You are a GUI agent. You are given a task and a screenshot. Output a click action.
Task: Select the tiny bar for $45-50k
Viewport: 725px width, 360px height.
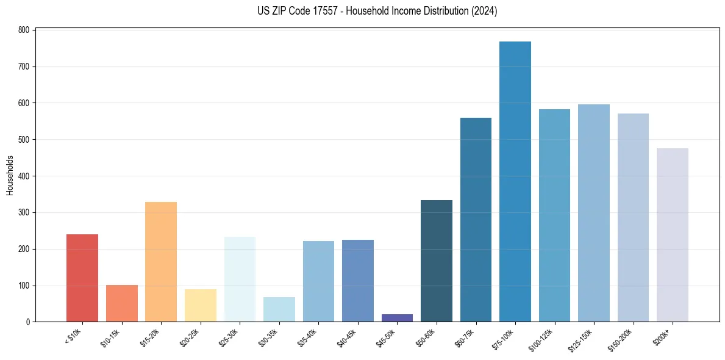pyautogui.click(x=397, y=318)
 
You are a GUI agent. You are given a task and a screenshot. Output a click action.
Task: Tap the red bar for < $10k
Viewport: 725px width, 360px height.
pyautogui.click(x=82, y=278)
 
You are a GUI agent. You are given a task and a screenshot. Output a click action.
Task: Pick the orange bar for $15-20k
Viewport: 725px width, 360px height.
pyautogui.click(x=161, y=262)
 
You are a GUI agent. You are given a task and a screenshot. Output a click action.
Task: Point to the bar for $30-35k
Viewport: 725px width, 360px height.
pyautogui.click(x=279, y=309)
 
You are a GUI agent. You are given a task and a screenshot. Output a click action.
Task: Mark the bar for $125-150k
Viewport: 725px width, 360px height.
pyautogui.click(x=594, y=213)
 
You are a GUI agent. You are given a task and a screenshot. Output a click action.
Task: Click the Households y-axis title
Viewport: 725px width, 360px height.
pyautogui.click(x=10, y=175)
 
